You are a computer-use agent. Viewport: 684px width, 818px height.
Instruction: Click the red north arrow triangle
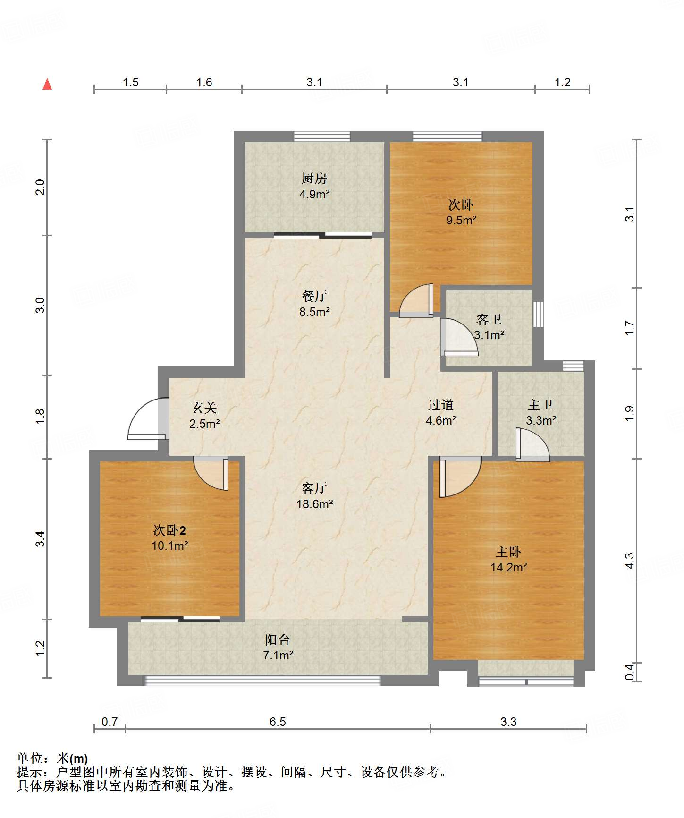tap(47, 85)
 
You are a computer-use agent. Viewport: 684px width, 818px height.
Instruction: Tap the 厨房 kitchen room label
tap(314, 178)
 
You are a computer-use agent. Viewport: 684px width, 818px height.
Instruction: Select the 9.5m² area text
tap(461, 220)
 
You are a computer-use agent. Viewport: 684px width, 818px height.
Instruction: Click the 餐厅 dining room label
tap(314, 296)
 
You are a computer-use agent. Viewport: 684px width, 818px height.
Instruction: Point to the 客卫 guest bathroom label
tap(489, 320)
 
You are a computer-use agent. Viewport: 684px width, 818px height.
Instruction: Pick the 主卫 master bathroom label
tap(540, 405)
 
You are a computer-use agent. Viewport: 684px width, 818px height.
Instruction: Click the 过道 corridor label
tap(440, 405)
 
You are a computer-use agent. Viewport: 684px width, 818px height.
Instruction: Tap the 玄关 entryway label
tap(204, 408)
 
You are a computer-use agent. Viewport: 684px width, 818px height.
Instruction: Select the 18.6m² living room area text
tap(315, 504)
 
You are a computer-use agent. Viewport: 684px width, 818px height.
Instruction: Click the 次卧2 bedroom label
tap(169, 530)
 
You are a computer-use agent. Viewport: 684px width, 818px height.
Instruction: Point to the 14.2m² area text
tap(508, 567)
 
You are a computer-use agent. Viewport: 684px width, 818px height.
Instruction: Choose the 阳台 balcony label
tap(278, 640)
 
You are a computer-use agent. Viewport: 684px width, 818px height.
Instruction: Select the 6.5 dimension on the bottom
tap(278, 722)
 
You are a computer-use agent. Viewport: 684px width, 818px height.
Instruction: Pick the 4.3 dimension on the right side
tap(629, 561)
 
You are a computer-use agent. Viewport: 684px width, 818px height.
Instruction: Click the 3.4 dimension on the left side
tap(41, 539)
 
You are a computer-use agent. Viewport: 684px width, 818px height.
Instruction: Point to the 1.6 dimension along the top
tap(204, 83)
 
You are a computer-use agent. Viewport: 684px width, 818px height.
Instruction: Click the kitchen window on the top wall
tap(322, 136)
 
